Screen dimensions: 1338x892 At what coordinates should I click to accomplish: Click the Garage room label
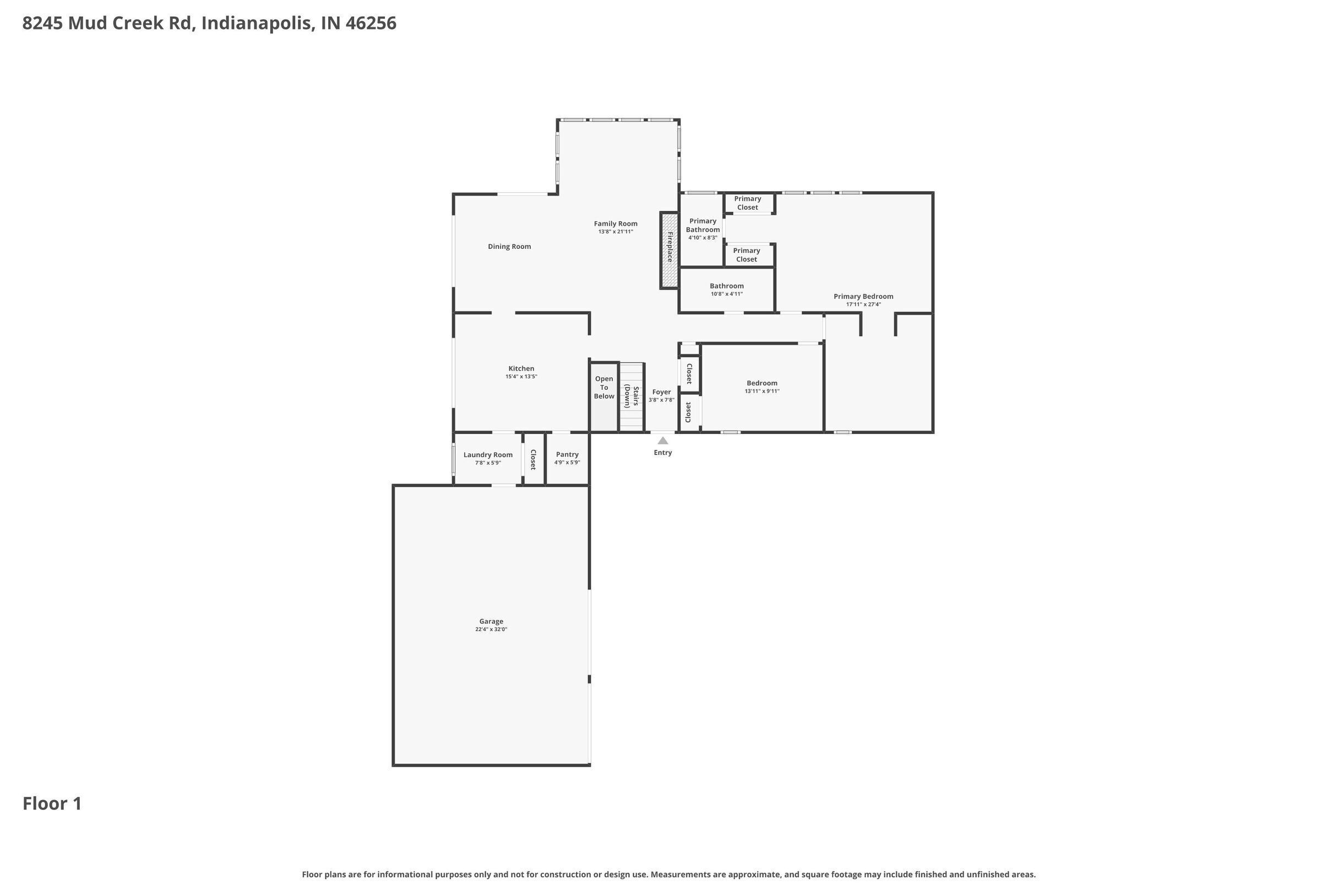pos(491,621)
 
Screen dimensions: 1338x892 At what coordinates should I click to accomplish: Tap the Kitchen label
pos(521,368)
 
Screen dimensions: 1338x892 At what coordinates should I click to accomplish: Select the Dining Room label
pos(509,246)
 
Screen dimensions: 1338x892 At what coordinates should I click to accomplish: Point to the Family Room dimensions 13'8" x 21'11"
pos(616,231)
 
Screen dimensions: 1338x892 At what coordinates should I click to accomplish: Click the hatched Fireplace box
pos(670,251)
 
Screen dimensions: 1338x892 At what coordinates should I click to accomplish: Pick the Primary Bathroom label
pos(703,225)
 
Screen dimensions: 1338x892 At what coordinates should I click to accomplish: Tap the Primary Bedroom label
pos(863,296)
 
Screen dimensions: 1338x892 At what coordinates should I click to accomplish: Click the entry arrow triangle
pos(663,440)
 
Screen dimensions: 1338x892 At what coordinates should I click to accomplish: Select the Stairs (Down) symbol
pos(632,396)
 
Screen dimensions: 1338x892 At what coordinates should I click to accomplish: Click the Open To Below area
pos(604,396)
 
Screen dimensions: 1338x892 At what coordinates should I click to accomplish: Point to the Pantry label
pos(567,454)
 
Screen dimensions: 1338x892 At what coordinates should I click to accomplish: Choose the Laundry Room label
pos(487,454)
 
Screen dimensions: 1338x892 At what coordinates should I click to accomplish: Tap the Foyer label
pos(661,392)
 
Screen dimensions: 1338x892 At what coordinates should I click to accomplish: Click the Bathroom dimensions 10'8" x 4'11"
pos(726,294)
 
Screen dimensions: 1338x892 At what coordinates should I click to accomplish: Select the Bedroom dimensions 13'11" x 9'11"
pos(762,391)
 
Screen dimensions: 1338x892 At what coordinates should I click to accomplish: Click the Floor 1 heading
pos(52,804)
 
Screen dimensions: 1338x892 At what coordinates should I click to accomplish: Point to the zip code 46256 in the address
pos(371,23)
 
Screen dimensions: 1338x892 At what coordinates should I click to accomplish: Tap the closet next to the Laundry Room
pos(534,459)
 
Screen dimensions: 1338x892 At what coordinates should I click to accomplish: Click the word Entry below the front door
pos(663,453)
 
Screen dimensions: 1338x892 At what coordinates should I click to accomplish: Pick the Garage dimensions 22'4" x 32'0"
pos(491,630)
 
